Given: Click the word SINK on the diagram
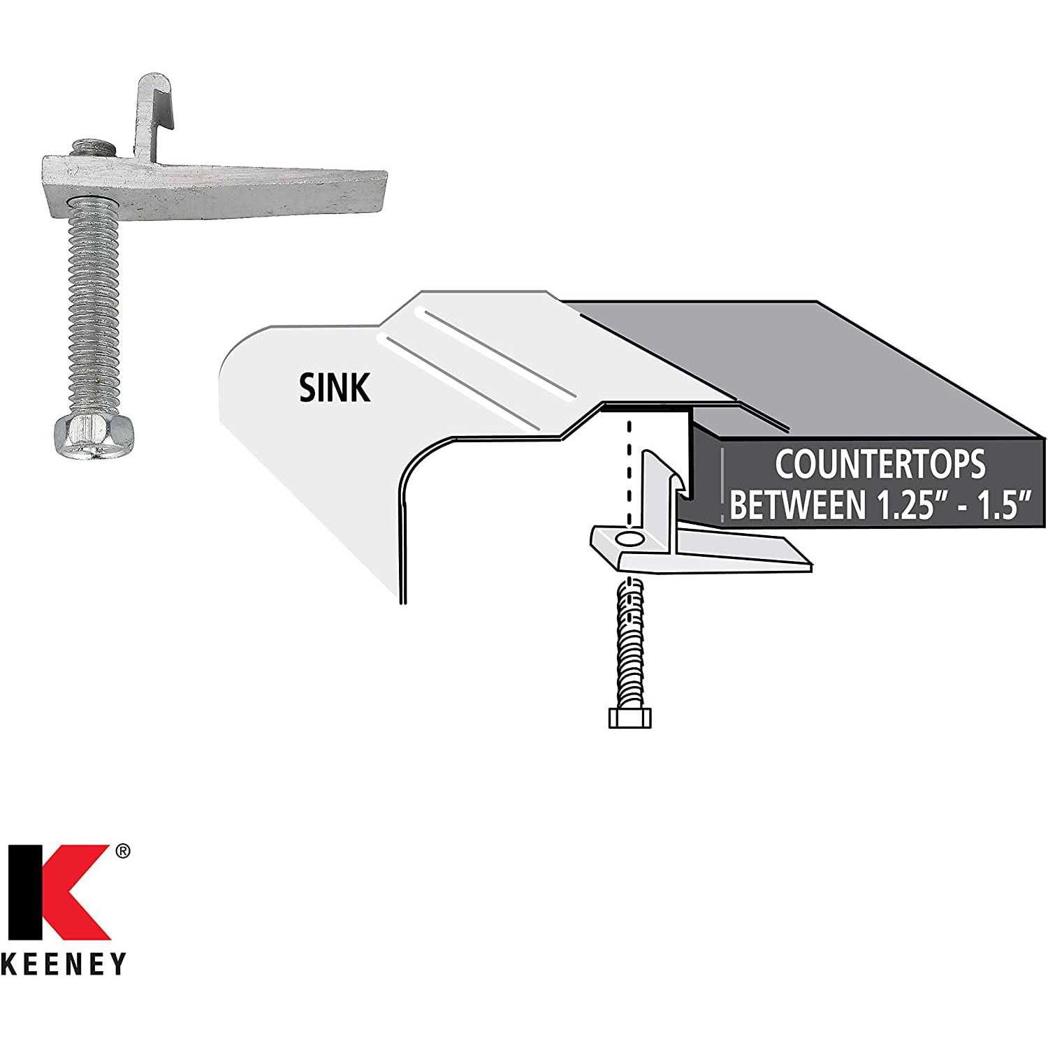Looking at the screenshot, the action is [x=335, y=388].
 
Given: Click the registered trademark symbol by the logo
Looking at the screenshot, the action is [x=122, y=851].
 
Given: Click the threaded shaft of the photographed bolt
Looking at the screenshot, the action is [x=94, y=308].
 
